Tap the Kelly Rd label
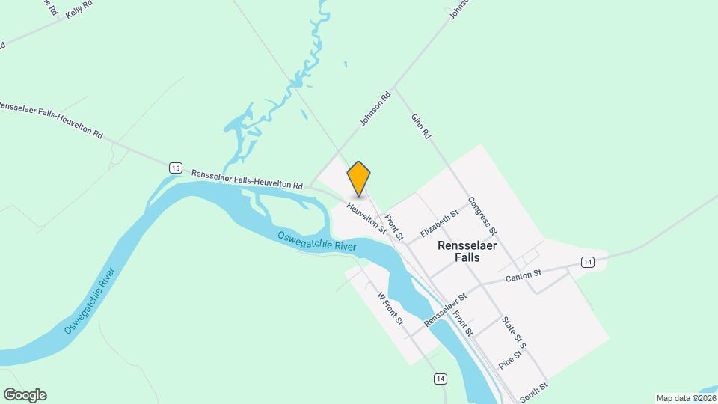[x=79, y=10]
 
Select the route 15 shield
[x=175, y=168]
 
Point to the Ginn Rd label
[x=421, y=126]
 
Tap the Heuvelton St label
[x=366, y=218]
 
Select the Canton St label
[x=524, y=276]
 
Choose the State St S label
[x=514, y=334]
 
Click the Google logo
[x=25, y=395]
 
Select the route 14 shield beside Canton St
[x=587, y=261]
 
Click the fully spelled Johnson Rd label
[x=376, y=109]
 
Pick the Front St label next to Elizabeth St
[x=393, y=226]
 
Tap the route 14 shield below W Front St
[x=440, y=379]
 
